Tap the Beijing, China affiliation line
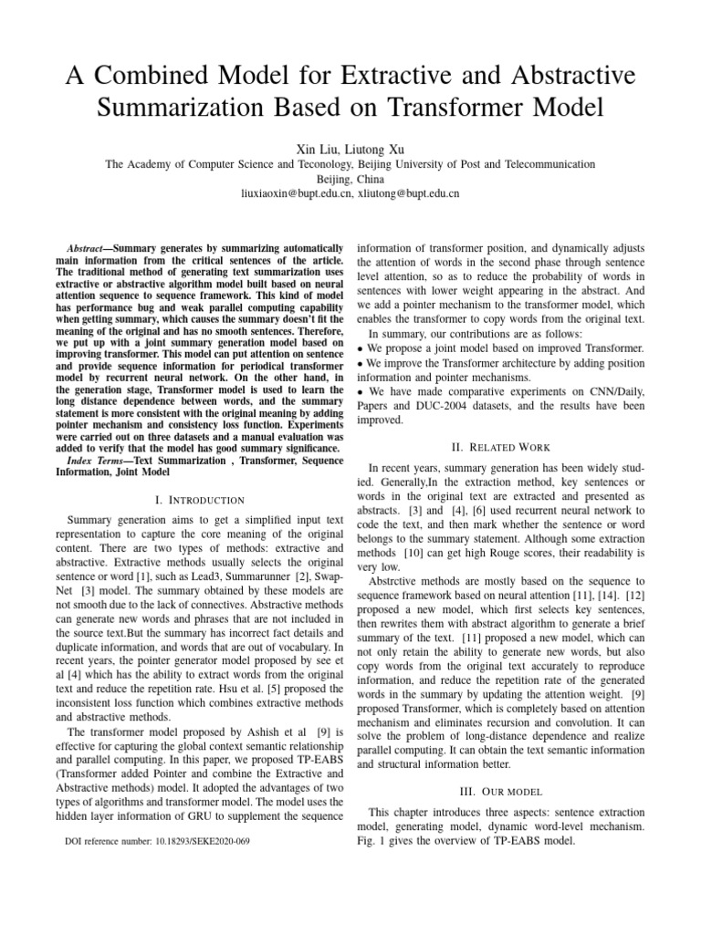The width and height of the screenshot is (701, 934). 350,179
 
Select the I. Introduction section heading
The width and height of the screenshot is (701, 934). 201,500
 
